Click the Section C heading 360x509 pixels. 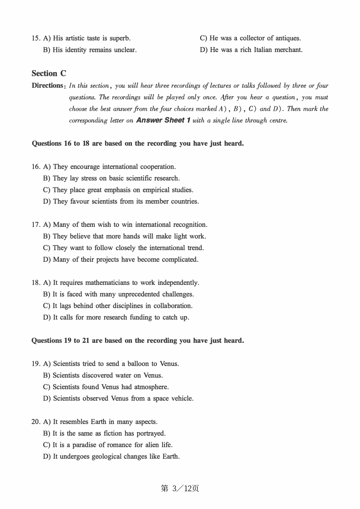point(49,74)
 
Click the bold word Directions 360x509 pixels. point(47,86)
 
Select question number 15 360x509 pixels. point(36,38)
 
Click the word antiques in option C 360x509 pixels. point(288,38)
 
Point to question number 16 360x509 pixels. point(36,167)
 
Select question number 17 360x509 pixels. point(36,225)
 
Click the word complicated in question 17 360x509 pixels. point(180,260)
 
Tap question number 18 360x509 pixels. point(36,283)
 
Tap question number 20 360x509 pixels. point(36,422)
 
